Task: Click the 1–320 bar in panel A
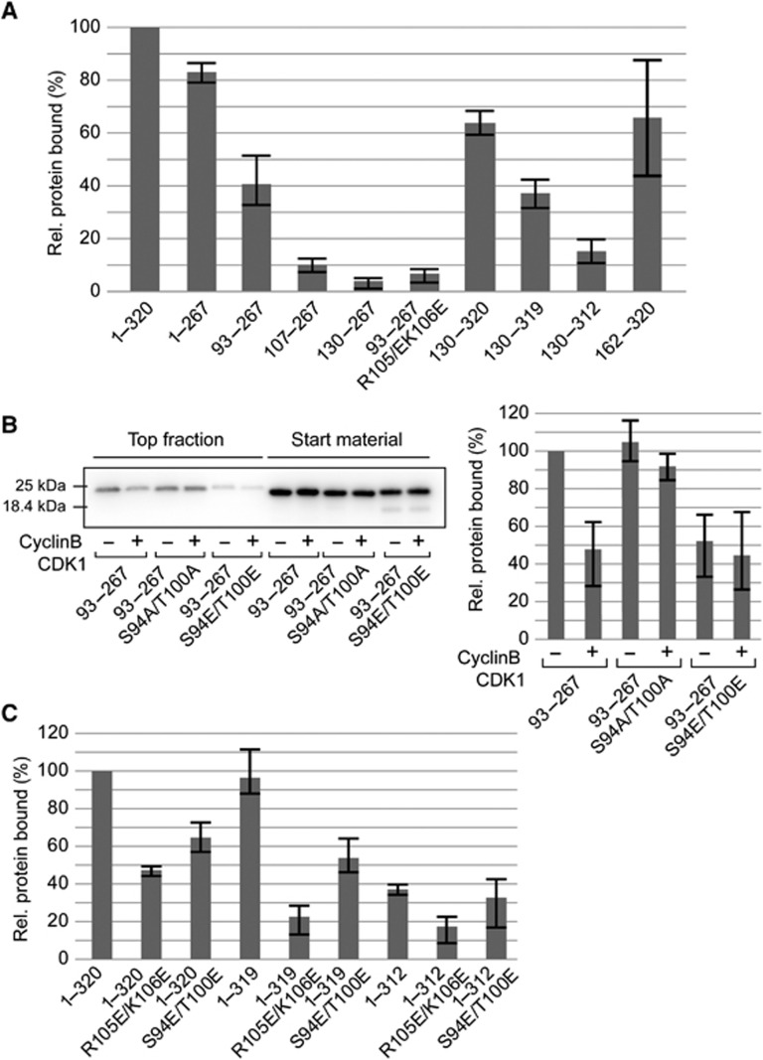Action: (145, 159)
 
